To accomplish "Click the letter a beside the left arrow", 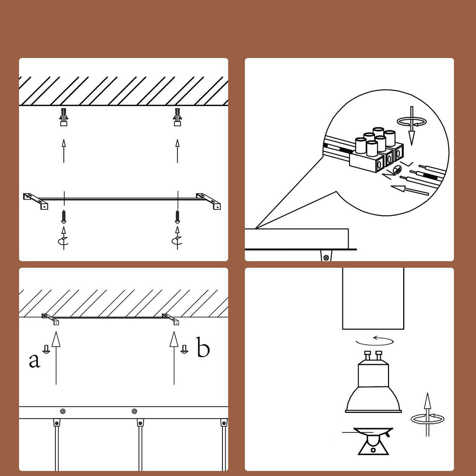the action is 35,361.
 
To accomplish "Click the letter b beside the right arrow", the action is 203,347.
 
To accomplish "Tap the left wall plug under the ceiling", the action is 64,117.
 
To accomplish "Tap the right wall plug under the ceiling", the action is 177,117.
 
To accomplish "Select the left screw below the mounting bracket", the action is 64,217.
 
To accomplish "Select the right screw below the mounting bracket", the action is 177,217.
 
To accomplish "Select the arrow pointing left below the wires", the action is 410,190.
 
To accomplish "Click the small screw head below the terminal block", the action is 397,170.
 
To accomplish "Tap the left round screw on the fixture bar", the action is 63,411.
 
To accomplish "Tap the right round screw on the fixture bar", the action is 134,411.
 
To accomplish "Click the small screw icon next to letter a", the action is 46,349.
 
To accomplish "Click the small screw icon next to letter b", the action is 184,349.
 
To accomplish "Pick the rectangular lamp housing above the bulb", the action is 373,298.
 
